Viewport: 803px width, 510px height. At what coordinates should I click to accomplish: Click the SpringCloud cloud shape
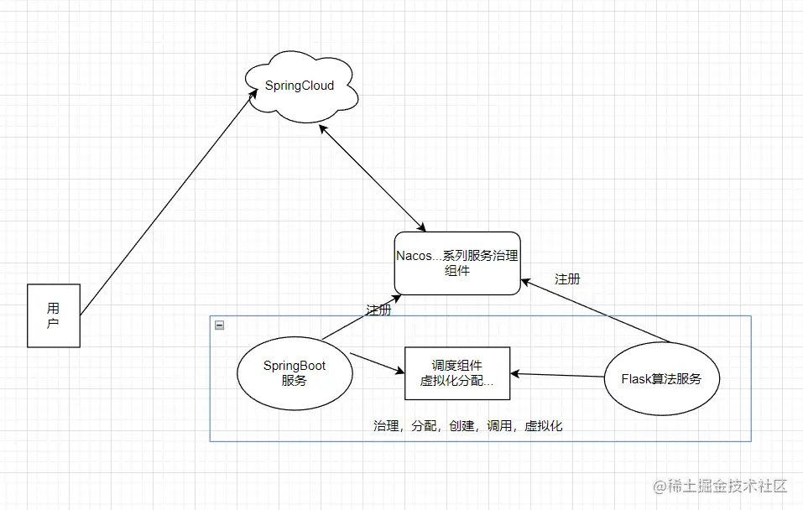[300, 86]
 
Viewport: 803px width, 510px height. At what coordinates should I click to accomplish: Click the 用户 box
[53, 315]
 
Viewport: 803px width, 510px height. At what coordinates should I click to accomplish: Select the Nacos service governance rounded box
[457, 263]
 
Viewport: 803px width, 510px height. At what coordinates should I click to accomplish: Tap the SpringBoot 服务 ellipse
[294, 373]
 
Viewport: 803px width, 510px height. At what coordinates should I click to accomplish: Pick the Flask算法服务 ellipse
[661, 379]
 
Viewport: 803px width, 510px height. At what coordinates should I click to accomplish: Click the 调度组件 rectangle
[457, 372]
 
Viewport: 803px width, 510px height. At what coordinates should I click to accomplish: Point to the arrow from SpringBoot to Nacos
[359, 317]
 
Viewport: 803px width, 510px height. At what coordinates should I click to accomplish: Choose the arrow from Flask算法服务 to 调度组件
[558, 375]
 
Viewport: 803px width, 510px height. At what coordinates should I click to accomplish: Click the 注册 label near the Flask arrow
[567, 278]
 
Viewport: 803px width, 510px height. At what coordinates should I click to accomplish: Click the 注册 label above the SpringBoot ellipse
[378, 310]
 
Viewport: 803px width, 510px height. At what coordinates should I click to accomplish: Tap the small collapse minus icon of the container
[219, 325]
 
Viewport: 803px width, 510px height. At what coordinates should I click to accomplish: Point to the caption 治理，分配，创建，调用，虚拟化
[467, 426]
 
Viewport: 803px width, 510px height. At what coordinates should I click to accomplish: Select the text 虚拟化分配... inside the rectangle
[457, 381]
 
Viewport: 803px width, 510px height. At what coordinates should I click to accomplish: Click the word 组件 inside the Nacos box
[457, 272]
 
